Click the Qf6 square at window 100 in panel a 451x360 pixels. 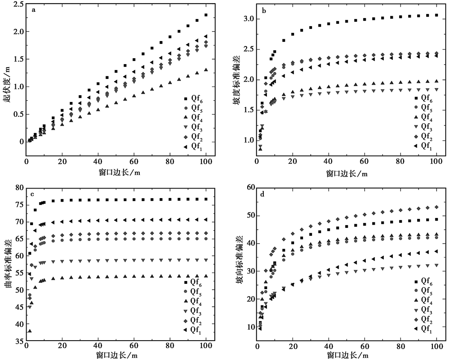[x=206, y=15]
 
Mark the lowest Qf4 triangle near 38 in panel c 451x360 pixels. [x=30, y=331]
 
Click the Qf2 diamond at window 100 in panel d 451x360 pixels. [x=437, y=207]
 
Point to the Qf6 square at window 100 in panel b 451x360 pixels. [x=437, y=15]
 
